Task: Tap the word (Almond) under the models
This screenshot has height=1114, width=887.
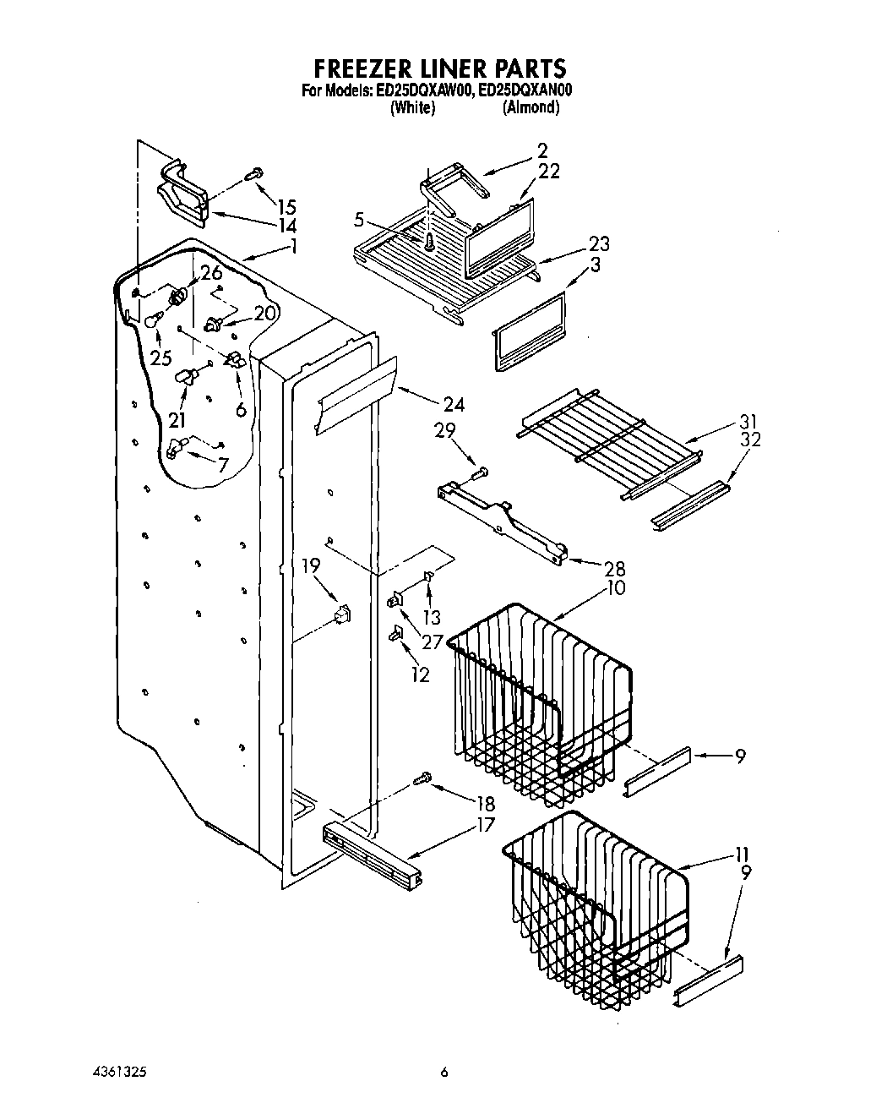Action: [x=531, y=107]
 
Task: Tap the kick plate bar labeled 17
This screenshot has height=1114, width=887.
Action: [x=372, y=853]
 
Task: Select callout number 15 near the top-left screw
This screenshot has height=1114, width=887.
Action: [x=286, y=206]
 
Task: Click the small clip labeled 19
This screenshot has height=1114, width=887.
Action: [x=342, y=615]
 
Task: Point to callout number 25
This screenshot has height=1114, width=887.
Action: [x=161, y=358]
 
